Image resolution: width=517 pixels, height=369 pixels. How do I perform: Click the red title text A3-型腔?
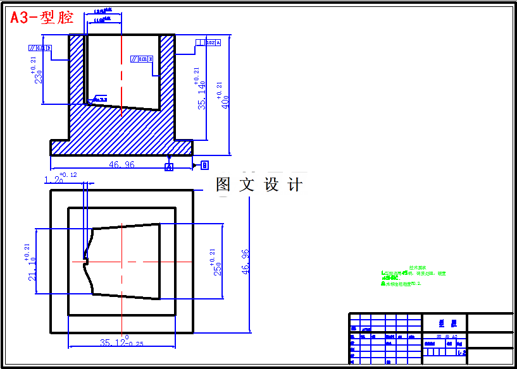[42, 17]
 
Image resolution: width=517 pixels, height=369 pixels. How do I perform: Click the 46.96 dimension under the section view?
[121, 164]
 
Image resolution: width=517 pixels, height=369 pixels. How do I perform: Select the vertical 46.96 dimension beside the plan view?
[246, 260]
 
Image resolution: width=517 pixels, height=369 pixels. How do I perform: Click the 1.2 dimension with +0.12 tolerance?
[56, 179]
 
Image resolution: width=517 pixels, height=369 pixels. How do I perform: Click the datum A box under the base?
[169, 167]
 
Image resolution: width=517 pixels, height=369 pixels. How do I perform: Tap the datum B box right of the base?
[204, 165]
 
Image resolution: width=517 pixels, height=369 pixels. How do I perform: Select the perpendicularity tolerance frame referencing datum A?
[208, 43]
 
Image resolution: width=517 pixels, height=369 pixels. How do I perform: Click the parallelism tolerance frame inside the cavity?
[142, 59]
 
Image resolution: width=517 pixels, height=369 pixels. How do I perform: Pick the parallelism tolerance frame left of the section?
[39, 47]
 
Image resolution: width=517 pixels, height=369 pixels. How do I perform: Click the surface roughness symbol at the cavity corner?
[100, 99]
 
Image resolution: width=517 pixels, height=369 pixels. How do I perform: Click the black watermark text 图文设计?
[259, 184]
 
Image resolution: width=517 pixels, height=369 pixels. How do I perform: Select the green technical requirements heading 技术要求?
[415, 268]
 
